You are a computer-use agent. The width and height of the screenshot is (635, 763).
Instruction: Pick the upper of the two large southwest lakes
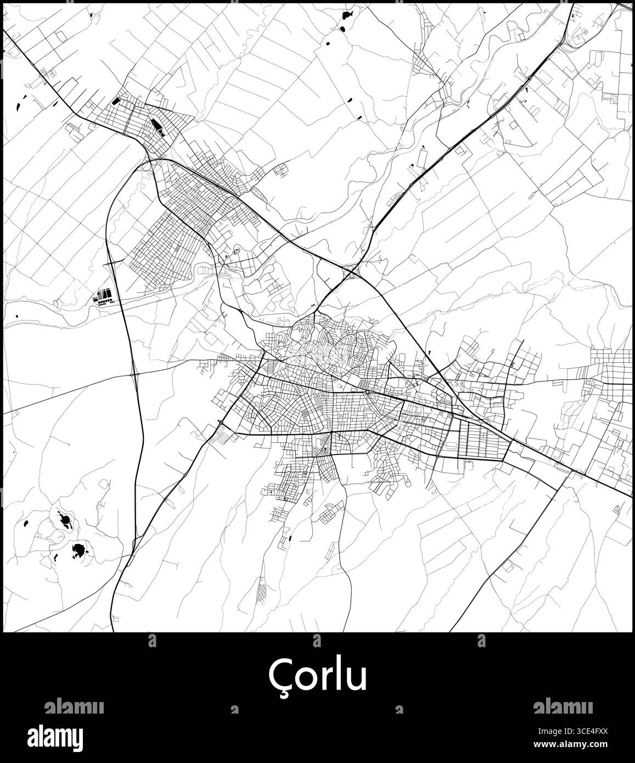[x=65, y=519]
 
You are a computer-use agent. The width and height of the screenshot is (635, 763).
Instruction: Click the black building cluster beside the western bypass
[x=104, y=296]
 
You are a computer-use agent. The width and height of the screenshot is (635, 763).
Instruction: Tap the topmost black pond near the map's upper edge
[x=347, y=15]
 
